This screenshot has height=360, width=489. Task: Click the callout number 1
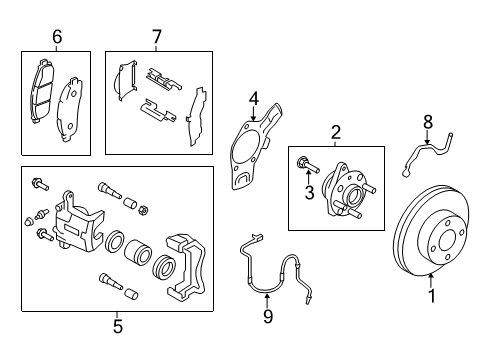pyautogui.click(x=431, y=295)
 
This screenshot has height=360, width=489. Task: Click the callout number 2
pyautogui.click(x=336, y=131)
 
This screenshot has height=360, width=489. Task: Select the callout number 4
pyautogui.click(x=254, y=98)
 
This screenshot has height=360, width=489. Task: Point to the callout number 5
pyautogui.click(x=117, y=324)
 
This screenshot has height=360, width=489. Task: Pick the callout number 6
pyautogui.click(x=57, y=37)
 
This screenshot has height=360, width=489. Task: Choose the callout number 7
pyautogui.click(x=156, y=37)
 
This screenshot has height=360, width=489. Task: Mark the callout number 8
pyautogui.click(x=427, y=121)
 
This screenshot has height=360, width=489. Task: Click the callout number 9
pyautogui.click(x=267, y=317)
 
